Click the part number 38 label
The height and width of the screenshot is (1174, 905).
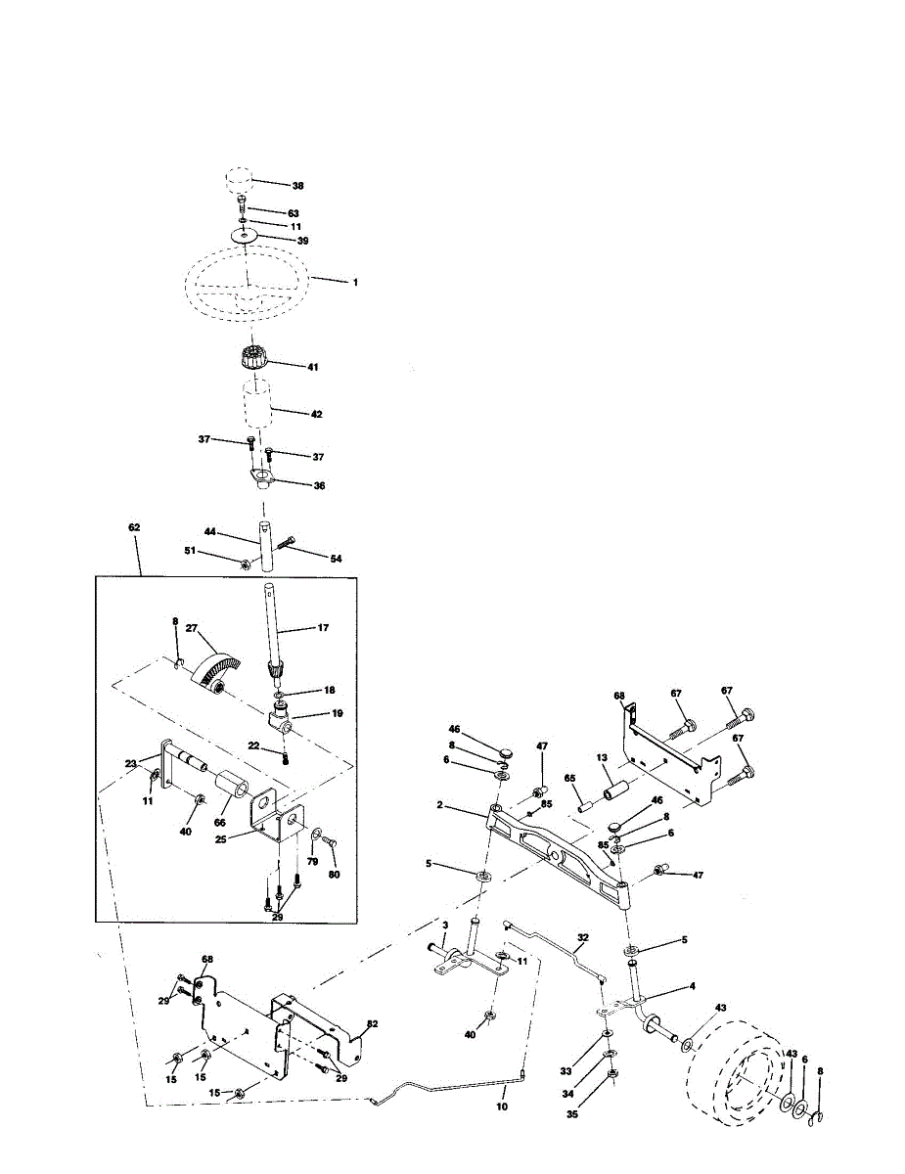(x=297, y=186)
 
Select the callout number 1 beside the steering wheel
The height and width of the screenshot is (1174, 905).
(x=355, y=283)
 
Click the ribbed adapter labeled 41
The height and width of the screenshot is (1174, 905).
(x=254, y=357)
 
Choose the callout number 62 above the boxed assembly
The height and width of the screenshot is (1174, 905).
(x=134, y=526)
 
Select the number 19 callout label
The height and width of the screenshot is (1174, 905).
(x=338, y=713)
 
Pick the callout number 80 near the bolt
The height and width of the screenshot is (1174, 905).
(x=334, y=875)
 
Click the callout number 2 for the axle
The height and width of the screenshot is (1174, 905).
(x=440, y=805)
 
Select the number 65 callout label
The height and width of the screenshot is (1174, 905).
(x=570, y=778)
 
